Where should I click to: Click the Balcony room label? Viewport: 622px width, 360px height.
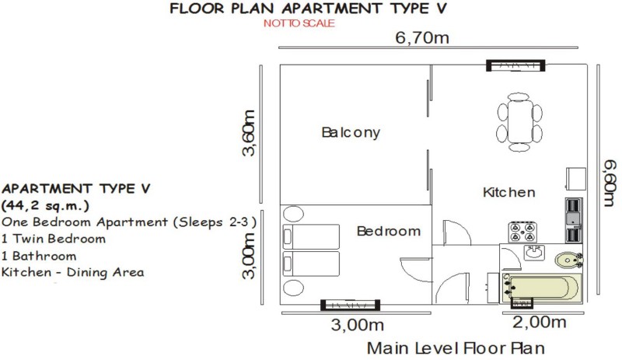[x=351, y=132]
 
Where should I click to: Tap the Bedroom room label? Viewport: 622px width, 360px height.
[x=388, y=231]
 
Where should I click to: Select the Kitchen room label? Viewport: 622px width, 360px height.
[x=509, y=192]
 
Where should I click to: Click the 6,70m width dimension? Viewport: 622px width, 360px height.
[x=422, y=37]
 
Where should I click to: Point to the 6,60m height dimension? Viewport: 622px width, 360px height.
[x=610, y=183]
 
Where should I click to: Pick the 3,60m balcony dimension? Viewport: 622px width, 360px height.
[x=248, y=133]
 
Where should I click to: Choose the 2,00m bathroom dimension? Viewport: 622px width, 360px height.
[x=539, y=323]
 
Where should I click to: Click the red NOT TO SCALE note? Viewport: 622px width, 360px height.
[x=299, y=23]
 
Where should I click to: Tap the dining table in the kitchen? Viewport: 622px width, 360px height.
[x=519, y=122]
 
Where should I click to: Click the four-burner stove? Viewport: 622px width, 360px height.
[x=522, y=232]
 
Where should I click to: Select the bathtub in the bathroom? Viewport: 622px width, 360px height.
[x=542, y=288]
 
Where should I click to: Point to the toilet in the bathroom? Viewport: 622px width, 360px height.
[x=569, y=260]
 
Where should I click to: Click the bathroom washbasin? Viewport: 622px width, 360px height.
[x=534, y=253]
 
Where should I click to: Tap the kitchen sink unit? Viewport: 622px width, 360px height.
[x=573, y=220]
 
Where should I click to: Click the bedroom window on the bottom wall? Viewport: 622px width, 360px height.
[x=351, y=305]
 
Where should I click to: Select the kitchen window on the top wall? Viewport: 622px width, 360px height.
[x=515, y=65]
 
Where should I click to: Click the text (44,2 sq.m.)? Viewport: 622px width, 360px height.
[x=45, y=205]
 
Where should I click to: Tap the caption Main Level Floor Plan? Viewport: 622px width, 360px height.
[x=456, y=348]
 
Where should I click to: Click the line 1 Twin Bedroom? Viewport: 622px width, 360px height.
[x=54, y=239]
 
